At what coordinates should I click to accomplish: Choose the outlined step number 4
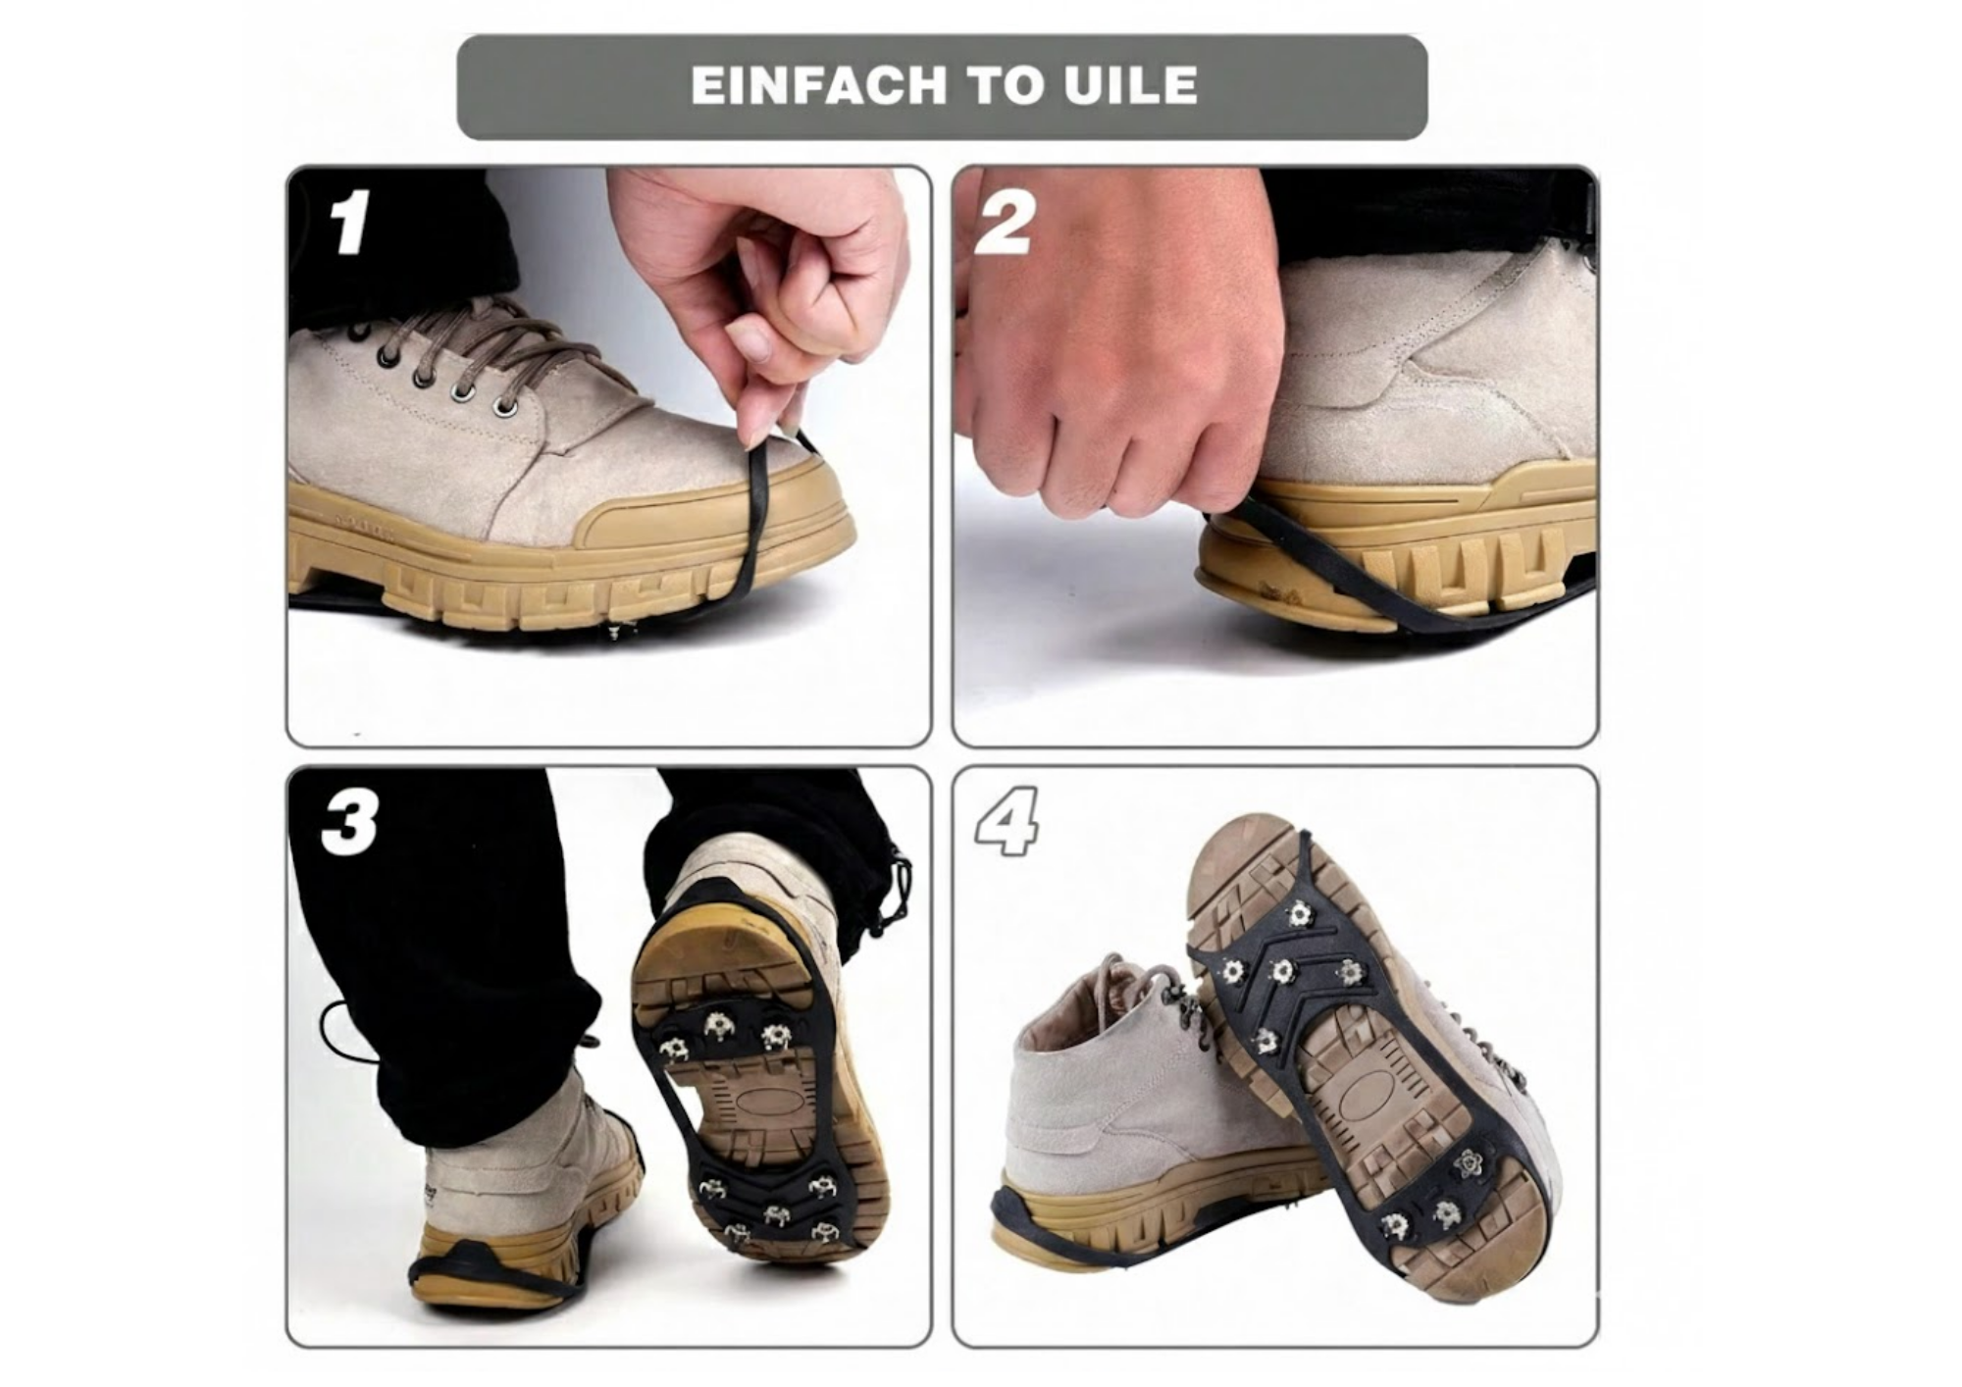[x=1007, y=822]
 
